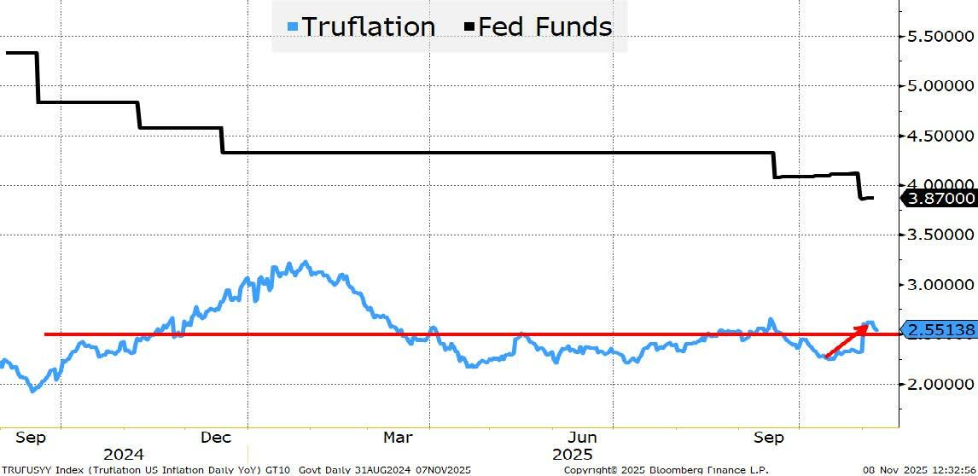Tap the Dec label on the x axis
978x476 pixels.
pyautogui.click(x=216, y=438)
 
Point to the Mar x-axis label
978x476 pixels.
pyautogui.click(x=398, y=438)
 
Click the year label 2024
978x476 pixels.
pyautogui.click(x=124, y=455)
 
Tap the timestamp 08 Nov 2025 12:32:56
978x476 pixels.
pyautogui.click(x=919, y=470)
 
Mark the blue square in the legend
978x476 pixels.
pyautogui.click(x=293, y=27)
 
